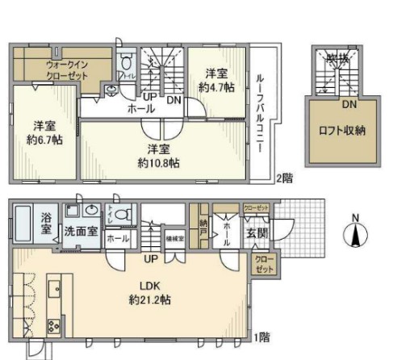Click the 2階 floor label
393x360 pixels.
[282, 178]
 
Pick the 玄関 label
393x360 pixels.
[256, 234]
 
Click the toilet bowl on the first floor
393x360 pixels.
[123, 216]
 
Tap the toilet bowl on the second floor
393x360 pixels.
[123, 65]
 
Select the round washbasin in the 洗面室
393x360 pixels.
[88, 211]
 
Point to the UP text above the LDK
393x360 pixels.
[150, 259]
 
